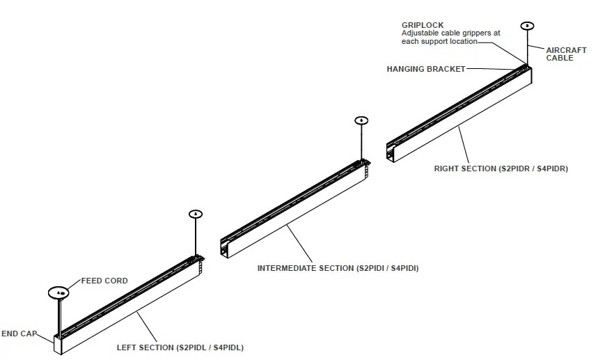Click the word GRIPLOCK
(x=423, y=25)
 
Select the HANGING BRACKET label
(x=425, y=69)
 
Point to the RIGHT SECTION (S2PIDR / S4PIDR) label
(x=501, y=169)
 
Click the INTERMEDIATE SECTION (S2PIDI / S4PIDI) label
(x=338, y=268)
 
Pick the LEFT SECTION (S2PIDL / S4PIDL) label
(x=180, y=347)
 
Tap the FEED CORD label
(x=104, y=281)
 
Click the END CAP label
(x=19, y=334)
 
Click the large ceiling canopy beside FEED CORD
(x=60, y=292)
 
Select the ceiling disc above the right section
(x=528, y=26)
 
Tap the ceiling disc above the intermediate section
(x=362, y=120)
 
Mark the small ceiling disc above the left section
(x=196, y=213)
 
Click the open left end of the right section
(x=392, y=152)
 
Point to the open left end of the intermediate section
(x=226, y=248)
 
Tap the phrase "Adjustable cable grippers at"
(x=451, y=33)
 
